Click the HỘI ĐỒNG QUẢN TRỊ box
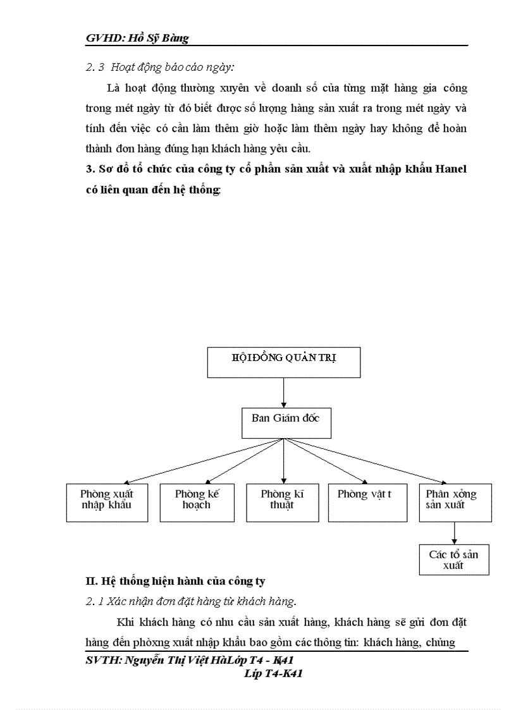coord(284,362)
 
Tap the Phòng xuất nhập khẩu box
coord(107,503)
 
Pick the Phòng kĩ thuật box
coord(282,503)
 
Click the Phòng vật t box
coord(367,503)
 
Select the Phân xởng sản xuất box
coord(455,503)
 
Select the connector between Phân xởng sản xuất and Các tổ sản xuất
coord(455,534)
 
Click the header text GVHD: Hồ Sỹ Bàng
coord(137,39)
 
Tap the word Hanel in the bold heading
coord(450,170)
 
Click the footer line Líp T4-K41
coord(273,674)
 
